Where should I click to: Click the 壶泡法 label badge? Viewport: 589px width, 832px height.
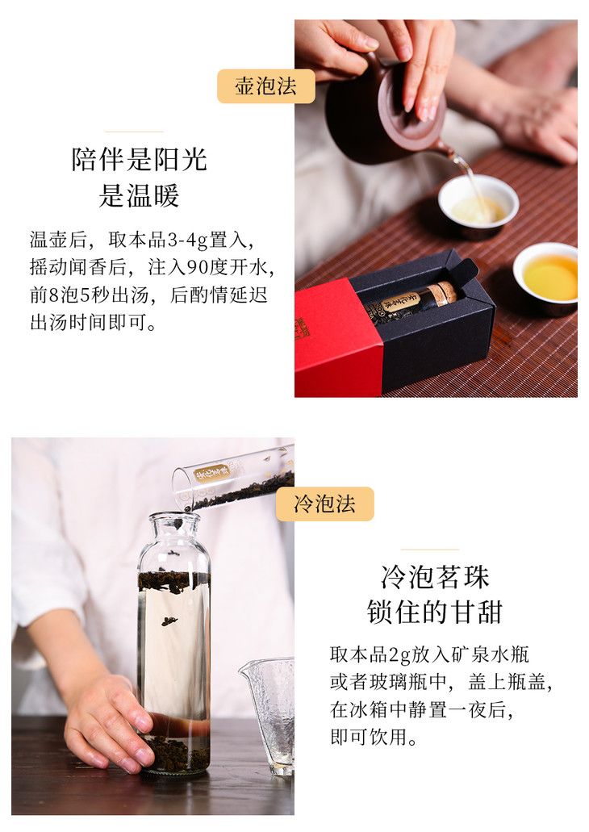(x=265, y=86)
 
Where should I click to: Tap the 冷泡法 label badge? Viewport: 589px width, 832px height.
(x=324, y=504)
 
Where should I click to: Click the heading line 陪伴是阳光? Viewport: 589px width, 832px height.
(x=139, y=159)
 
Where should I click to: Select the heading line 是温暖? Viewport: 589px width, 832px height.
(x=139, y=195)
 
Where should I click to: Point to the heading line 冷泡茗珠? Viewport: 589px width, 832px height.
(x=435, y=577)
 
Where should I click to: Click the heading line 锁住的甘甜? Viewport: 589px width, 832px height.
(x=435, y=612)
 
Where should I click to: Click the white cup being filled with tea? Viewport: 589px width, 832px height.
(x=478, y=204)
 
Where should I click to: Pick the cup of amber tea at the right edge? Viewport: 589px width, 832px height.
(x=546, y=278)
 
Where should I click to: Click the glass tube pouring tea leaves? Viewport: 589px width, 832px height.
(x=233, y=481)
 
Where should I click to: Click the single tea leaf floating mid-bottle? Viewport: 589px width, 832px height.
(x=169, y=621)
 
